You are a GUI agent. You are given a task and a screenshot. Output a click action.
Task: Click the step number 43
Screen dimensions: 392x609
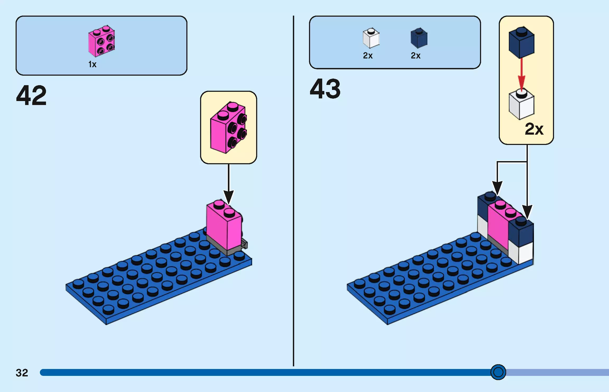click(325, 89)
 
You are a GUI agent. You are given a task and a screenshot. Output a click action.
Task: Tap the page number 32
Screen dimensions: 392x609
click(22, 373)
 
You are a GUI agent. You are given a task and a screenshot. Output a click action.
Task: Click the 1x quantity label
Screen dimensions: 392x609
click(92, 64)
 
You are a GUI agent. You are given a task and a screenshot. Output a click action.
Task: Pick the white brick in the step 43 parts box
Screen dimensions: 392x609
click(371, 38)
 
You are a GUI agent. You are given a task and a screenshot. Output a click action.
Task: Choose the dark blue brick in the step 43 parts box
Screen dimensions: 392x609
click(419, 38)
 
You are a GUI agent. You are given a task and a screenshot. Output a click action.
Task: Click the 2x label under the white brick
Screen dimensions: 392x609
click(368, 56)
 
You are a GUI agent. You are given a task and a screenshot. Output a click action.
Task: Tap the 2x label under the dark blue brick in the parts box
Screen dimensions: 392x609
click(416, 56)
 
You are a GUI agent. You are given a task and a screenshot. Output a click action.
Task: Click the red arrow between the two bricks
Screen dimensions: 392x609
click(521, 74)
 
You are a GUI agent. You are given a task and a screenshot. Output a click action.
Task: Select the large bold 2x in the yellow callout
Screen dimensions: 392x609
click(534, 129)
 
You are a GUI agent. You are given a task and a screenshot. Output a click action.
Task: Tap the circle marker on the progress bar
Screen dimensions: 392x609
click(498, 372)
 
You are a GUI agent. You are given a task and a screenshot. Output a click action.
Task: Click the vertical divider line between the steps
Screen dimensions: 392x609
click(293, 190)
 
